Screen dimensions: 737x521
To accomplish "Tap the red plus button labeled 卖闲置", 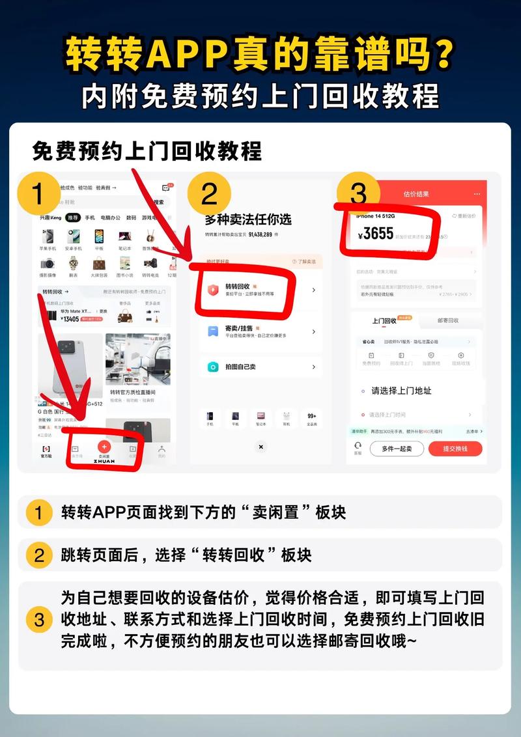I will [x=104, y=447].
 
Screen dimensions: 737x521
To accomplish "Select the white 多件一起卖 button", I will [x=397, y=449].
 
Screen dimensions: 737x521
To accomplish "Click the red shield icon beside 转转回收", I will [x=212, y=290].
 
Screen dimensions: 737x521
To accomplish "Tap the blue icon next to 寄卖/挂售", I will [x=212, y=331].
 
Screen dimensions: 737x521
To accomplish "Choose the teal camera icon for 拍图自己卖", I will [x=212, y=367].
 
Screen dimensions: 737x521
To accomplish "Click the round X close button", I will [x=260, y=447].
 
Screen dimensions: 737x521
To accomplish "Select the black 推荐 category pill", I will [x=73, y=217].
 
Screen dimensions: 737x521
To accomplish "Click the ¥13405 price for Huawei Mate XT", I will [x=70, y=319].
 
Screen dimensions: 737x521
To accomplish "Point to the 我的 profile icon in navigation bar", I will [x=162, y=450].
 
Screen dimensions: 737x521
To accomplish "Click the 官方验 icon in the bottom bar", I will [x=46, y=450].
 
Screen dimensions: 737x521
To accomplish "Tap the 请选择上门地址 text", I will [x=401, y=391].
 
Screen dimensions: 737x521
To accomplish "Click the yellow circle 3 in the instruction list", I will [x=39, y=619].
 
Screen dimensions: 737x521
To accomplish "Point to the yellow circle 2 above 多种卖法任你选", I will [x=209, y=194].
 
